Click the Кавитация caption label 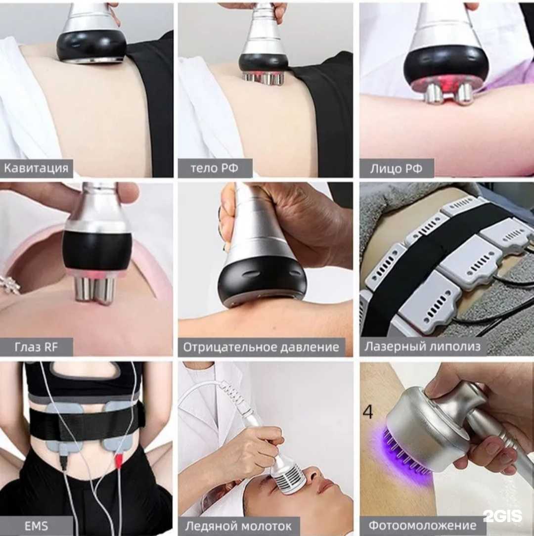36,168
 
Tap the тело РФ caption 215,168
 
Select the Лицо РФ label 397,169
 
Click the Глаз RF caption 36,347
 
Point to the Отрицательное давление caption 261,347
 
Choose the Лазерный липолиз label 422,347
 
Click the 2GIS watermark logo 502,516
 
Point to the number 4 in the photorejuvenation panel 368,412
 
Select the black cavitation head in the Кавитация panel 91,45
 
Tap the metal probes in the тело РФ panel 263,78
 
